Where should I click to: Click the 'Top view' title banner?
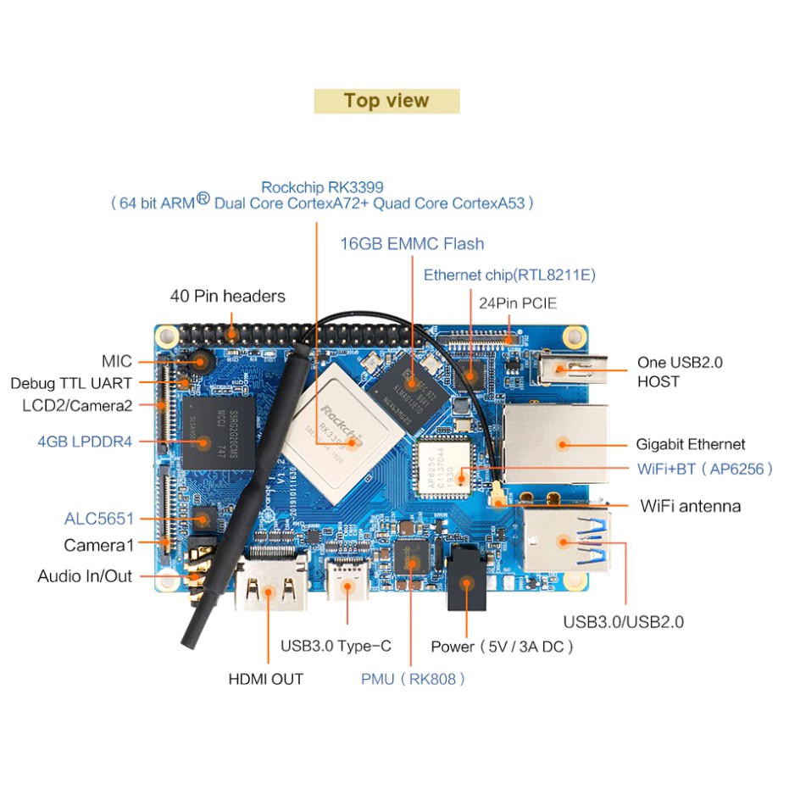tap(386, 101)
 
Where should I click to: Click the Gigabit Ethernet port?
tap(556, 443)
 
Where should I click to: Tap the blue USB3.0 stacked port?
tap(564, 541)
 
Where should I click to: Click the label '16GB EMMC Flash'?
tap(412, 244)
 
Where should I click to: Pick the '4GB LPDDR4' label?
tap(85, 442)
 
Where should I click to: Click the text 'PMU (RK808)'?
tap(413, 679)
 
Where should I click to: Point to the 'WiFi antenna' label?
tap(690, 506)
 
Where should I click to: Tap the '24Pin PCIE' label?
tap(518, 303)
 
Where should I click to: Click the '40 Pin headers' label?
tap(227, 297)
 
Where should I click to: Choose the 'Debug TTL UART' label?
tap(71, 383)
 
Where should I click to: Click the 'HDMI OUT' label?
tap(265, 679)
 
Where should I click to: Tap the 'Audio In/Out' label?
tap(85, 576)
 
